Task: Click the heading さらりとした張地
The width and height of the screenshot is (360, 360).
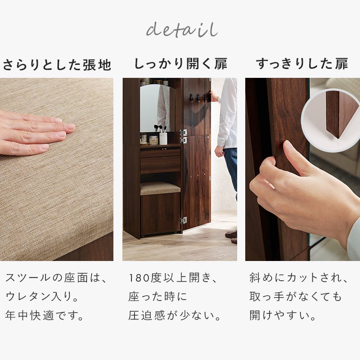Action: [x=57, y=65]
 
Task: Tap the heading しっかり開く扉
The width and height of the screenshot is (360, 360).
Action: [x=180, y=64]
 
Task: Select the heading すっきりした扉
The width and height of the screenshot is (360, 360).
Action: [x=302, y=64]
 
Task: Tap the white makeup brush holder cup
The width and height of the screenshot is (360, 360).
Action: [x=163, y=138]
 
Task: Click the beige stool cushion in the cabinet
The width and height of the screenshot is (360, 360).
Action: [x=160, y=188]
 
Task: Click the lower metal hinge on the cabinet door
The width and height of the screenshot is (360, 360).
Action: [x=183, y=220]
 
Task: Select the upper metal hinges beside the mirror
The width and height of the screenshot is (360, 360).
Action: [x=183, y=136]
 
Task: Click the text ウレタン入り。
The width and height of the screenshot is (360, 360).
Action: [x=43, y=297]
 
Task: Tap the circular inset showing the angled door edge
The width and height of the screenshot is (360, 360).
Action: [x=331, y=115]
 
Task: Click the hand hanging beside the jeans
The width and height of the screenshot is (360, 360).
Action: [x=220, y=151]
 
